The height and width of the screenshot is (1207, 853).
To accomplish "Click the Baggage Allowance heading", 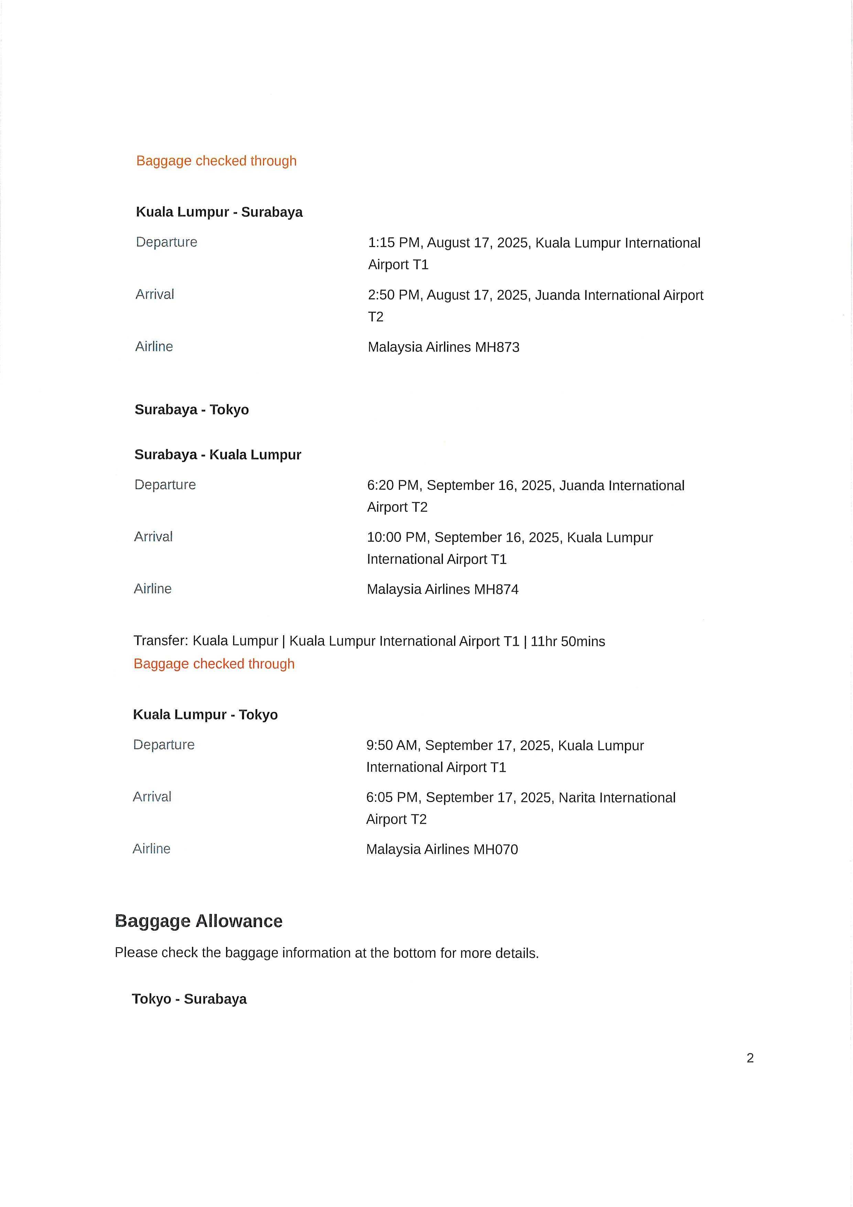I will (x=199, y=921).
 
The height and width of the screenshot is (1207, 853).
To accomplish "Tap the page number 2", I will (x=750, y=1058).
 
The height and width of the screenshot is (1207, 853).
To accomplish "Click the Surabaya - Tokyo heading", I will (x=192, y=409).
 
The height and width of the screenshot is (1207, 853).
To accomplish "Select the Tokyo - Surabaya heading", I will (x=189, y=999).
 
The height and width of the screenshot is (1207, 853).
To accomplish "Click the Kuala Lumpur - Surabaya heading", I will (x=219, y=212).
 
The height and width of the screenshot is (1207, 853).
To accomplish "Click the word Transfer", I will (x=160, y=641).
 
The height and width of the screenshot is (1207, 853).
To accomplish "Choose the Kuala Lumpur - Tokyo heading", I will (x=205, y=714).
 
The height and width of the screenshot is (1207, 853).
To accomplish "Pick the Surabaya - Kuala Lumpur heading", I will (x=218, y=455).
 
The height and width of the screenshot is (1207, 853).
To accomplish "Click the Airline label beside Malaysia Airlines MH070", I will (x=151, y=848).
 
